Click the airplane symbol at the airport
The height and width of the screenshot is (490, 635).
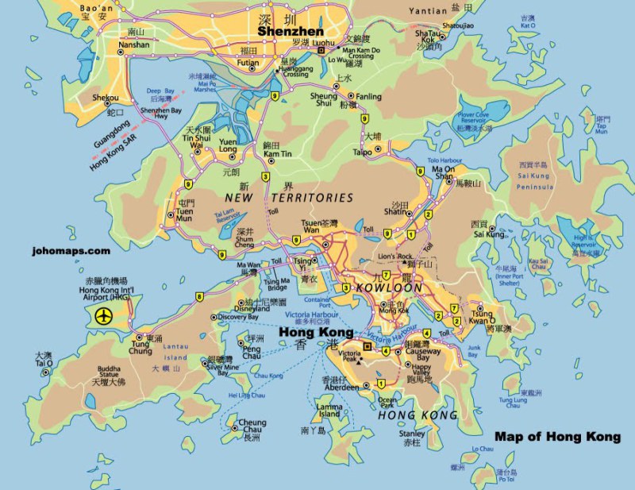103,316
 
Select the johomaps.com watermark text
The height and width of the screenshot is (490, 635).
71,250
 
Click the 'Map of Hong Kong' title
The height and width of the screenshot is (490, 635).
557,437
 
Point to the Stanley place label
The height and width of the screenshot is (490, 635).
411,434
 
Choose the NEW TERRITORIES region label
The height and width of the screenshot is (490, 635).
289,197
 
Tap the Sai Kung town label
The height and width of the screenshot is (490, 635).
489,234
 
